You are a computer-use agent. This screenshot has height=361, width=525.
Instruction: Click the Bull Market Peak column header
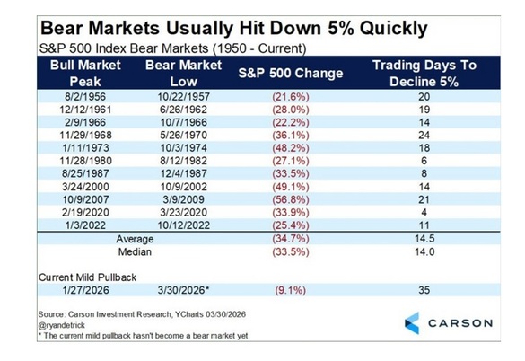coord(85,73)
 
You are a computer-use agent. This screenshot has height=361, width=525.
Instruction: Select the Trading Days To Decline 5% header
coord(424,73)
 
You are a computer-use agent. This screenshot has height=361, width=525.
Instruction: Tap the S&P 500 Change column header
coord(291,73)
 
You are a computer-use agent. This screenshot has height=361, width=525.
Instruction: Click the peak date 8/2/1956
coord(85,97)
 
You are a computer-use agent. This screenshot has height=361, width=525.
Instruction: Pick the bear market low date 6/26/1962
coord(183,110)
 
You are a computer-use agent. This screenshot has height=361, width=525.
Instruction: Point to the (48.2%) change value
coord(291,148)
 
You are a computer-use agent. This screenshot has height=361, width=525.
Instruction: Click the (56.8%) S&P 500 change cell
coord(291,199)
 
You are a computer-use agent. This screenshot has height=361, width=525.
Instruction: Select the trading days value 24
coord(424,135)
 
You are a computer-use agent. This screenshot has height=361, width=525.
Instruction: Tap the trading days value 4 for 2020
coord(424,212)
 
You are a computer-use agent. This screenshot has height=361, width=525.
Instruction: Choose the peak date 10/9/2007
coord(85,199)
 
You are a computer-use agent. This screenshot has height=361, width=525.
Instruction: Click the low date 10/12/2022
coord(183,225)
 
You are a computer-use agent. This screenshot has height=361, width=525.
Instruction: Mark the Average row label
coord(135,239)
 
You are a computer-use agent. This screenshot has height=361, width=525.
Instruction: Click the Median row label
coord(135,251)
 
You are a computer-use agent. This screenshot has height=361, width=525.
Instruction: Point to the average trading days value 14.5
coord(424,239)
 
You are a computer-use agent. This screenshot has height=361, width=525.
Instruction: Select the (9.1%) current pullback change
coord(291,290)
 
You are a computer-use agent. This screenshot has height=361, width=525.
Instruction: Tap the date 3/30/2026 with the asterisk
coord(183,290)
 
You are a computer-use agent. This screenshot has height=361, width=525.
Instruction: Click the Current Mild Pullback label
coord(87,277)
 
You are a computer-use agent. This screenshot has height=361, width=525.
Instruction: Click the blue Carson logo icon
coord(412,323)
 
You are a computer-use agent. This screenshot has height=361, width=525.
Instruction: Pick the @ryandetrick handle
coord(62,325)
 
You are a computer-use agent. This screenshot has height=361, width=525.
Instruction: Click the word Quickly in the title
coord(394,29)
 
